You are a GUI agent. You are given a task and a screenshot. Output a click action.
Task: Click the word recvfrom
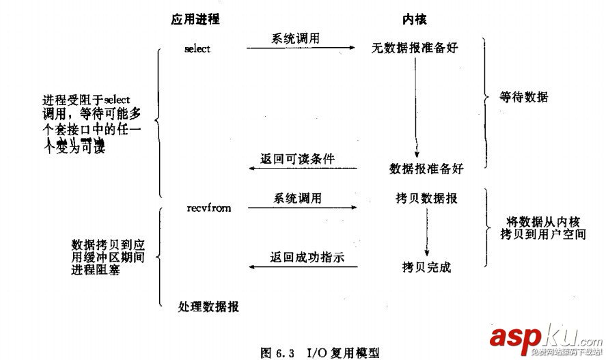coord(208,208)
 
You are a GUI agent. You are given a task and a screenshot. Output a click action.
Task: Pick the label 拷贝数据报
coord(426,199)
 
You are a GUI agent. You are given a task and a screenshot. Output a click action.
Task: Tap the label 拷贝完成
coord(426,266)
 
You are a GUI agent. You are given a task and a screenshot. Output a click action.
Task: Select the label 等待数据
coord(525,98)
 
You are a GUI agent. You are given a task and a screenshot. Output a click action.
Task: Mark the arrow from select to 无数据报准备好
coord(301,48)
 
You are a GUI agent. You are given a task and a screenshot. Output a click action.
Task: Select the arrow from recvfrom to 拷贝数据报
coord(301,206)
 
